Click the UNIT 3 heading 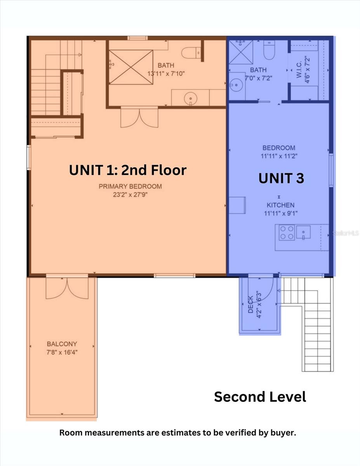pyautogui.click(x=281, y=178)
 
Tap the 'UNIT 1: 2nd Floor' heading pyautogui.click(x=128, y=170)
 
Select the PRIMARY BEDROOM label pyautogui.click(x=130, y=186)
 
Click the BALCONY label pyautogui.click(x=62, y=344)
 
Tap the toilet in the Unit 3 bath pyautogui.click(x=269, y=49)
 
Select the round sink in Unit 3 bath pyautogui.click(x=235, y=85)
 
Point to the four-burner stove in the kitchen pyautogui.click(x=287, y=232)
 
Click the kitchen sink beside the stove pyautogui.click(x=303, y=232)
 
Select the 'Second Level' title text pyautogui.click(x=260, y=396)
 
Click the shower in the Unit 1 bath pyautogui.click(x=130, y=67)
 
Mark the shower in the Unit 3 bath pyautogui.click(x=240, y=52)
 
